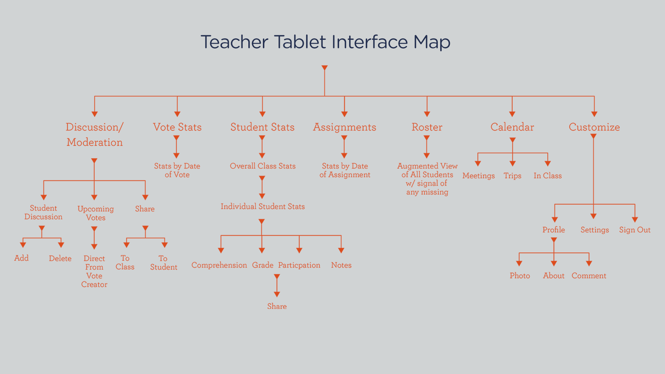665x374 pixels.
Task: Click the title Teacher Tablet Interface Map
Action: [325, 42]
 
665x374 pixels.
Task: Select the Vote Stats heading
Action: [177, 127]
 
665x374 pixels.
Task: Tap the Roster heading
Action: [427, 127]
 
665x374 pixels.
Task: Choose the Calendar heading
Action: [512, 127]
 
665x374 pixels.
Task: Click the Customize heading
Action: [594, 127]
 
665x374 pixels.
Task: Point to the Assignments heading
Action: [345, 127]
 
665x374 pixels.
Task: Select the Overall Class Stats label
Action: [263, 166]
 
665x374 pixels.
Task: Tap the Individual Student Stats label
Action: [263, 206]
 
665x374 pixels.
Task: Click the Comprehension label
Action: [219, 265]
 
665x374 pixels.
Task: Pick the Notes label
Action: [341, 265]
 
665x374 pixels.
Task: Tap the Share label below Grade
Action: [277, 306]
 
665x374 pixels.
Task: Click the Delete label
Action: [60, 258]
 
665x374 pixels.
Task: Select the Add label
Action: [21, 258]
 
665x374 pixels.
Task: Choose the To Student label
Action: [163, 263]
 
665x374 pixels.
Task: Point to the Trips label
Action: [512, 176]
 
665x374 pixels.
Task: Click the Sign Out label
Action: [635, 230]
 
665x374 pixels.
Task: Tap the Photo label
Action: [520, 276]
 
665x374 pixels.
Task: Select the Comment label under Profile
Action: [589, 276]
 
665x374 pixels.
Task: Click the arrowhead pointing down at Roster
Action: [427, 114]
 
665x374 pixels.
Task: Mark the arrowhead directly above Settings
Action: [594, 216]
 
